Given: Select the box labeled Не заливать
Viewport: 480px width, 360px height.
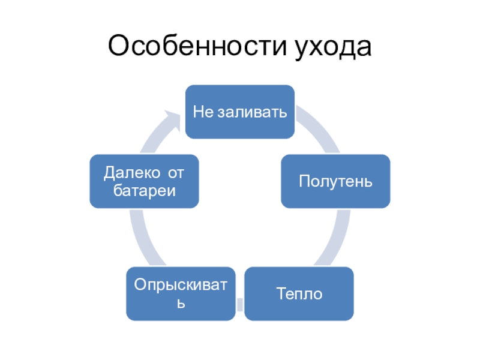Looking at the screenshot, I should coord(239,112).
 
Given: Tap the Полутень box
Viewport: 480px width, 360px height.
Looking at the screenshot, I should coord(336,181).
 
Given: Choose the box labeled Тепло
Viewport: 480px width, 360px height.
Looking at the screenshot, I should coord(299,293).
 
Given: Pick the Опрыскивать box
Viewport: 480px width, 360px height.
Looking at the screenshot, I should coord(180,293).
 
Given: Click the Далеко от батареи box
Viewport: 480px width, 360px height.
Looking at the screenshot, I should coord(144,182).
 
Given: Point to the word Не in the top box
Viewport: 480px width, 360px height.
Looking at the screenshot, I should coord(203,112).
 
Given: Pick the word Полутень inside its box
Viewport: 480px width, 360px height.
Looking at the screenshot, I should coord(336,181).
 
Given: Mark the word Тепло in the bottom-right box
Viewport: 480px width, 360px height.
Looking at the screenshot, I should coord(299,294).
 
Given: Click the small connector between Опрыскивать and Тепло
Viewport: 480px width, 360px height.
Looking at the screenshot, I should coord(240,304).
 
